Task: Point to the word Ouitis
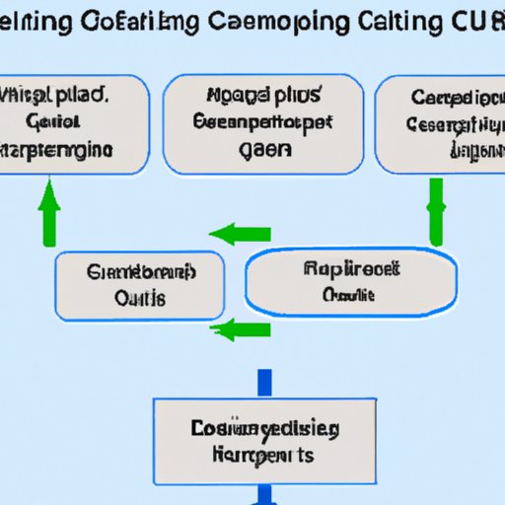click(x=140, y=298)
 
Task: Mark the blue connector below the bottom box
click(x=264, y=493)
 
